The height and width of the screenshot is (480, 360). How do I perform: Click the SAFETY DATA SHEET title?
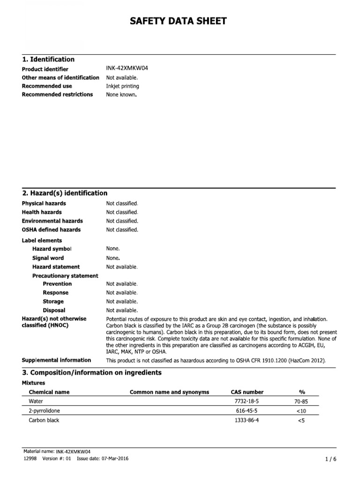coord(180,21)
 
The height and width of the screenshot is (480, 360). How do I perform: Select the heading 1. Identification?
coord(48,60)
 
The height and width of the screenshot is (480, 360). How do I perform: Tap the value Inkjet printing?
coord(122,86)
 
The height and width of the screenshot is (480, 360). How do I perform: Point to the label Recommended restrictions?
coord(57,95)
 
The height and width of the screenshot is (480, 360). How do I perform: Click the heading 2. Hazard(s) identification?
coord(65,193)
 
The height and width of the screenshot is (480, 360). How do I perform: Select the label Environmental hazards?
coord(52,221)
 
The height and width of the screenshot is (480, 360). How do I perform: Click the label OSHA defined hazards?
coord(51,230)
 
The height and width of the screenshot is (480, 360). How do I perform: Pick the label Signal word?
coord(48,258)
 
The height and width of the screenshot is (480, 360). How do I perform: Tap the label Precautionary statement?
coord(65,276)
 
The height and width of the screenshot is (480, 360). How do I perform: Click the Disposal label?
coord(54,310)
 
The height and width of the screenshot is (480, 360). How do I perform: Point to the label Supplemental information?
coord(56,360)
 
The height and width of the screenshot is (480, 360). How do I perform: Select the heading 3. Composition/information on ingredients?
coord(91,373)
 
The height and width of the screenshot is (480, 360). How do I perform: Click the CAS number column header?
coord(247,392)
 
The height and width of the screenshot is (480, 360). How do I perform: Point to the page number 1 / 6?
coord(330,459)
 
